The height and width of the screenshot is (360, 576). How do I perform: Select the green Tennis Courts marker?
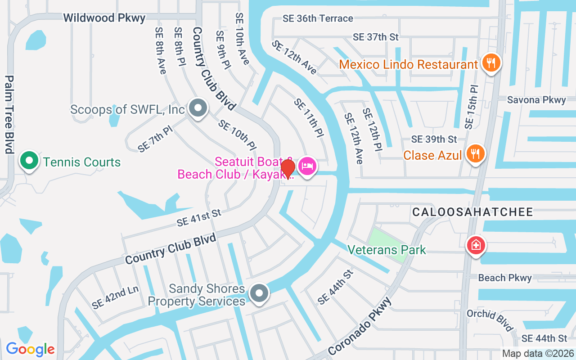[x=29, y=161]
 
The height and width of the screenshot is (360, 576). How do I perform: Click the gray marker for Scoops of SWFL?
[x=197, y=108]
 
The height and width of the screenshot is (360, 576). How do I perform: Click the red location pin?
[x=288, y=169]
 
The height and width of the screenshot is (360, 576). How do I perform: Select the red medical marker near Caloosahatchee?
[x=476, y=246]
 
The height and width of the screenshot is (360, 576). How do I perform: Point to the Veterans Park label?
[x=387, y=250]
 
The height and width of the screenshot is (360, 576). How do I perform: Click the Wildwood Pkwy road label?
[x=104, y=18]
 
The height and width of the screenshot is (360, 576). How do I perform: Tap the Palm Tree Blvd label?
[x=9, y=114]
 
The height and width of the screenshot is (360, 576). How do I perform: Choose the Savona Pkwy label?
[x=536, y=100]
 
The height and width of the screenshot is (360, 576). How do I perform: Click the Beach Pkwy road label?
[x=504, y=278]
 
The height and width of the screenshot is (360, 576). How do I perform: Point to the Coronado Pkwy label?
[x=360, y=325]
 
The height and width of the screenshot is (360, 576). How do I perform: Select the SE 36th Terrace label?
[x=317, y=18]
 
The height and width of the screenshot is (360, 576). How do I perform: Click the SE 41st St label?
[x=198, y=218]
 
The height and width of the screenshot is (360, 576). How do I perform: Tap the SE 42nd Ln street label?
[x=115, y=297]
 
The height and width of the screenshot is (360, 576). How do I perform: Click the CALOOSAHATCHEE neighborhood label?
[x=472, y=212]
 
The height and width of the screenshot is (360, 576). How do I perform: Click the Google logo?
[x=30, y=349]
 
